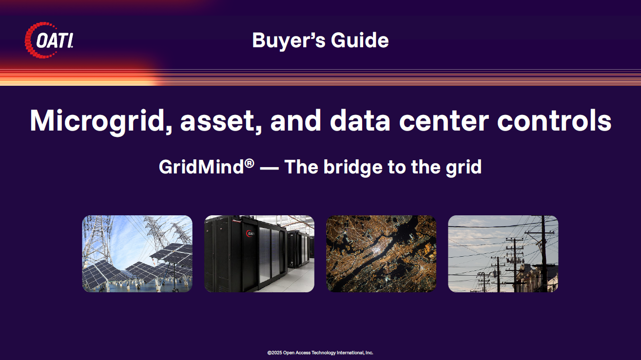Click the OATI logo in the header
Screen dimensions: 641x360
tap(49, 40)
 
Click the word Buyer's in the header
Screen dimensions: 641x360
tap(289, 40)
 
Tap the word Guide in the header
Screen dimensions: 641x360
tap(360, 40)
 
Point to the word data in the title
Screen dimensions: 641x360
tap(360, 120)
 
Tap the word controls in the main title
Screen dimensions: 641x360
tap(555, 120)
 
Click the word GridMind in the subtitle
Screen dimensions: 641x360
tap(201, 167)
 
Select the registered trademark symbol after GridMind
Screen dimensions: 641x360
tap(249, 164)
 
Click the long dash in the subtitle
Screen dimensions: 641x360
tap(269, 168)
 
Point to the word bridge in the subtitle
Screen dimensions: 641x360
tap(353, 168)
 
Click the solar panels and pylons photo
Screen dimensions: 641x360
tap(137, 254)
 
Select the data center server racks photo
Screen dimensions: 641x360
tap(259, 254)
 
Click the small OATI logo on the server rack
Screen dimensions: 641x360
tap(250, 233)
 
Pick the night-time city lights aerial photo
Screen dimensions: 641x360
tap(381, 254)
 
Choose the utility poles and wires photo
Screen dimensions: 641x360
tap(503, 254)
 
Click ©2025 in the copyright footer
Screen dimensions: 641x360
tap(275, 353)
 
